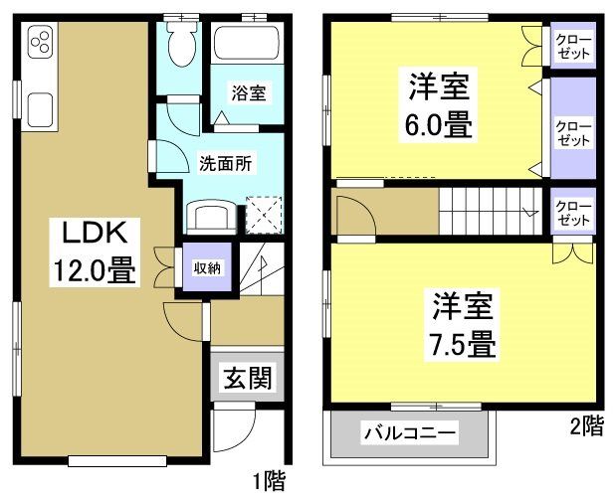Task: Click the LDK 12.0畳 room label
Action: (x=94, y=252)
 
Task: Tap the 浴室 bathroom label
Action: (x=248, y=94)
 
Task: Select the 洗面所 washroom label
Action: (x=225, y=161)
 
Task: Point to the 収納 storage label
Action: (x=206, y=266)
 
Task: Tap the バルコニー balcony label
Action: (x=408, y=433)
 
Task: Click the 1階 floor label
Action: (x=268, y=484)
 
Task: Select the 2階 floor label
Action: (x=586, y=425)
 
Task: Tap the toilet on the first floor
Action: (x=181, y=44)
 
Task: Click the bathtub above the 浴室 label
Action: (x=247, y=46)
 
